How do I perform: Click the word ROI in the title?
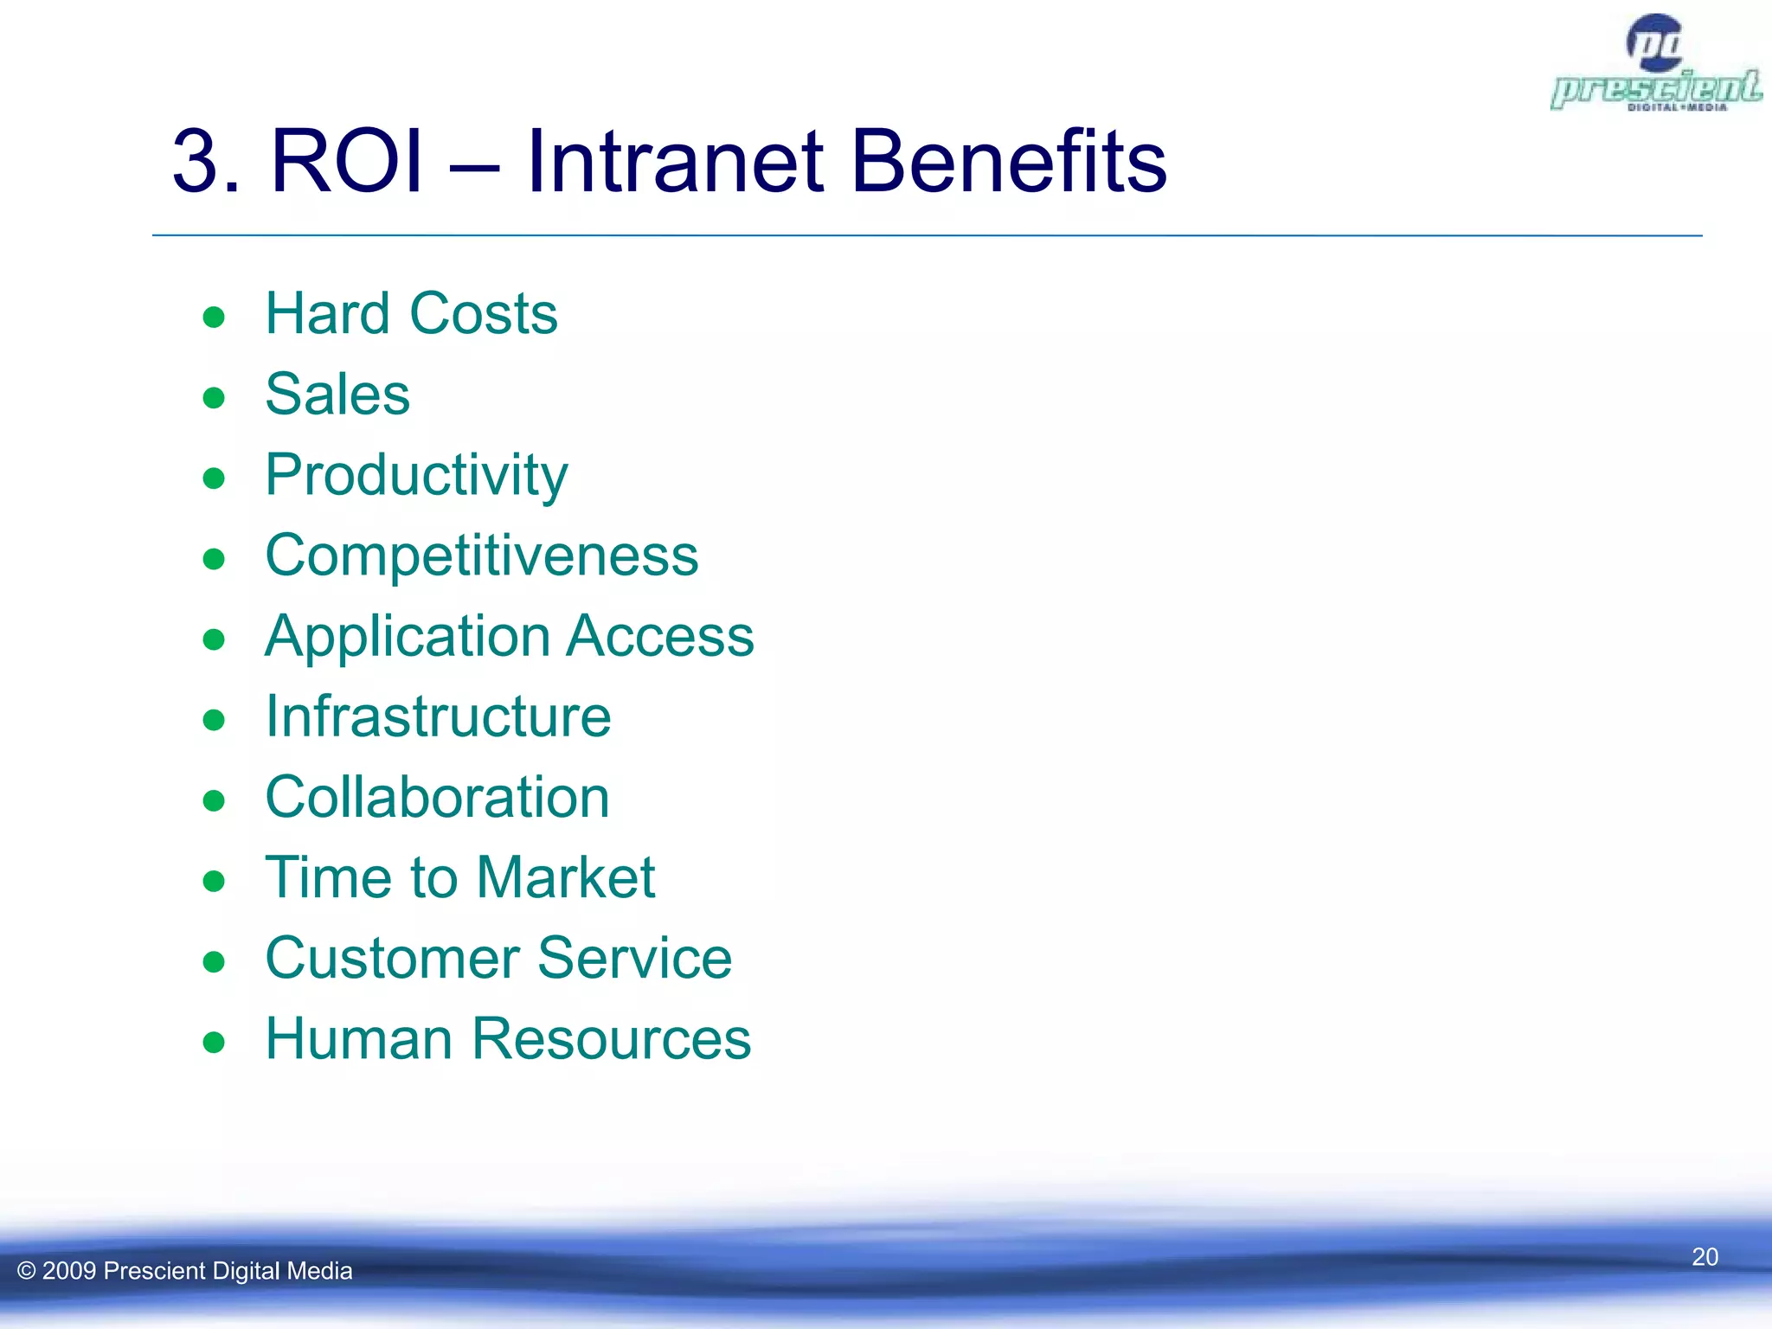pyautogui.click(x=347, y=162)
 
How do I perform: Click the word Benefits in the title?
pyautogui.click(x=1008, y=162)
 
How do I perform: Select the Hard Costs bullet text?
pyautogui.click(x=411, y=313)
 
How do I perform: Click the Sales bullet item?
pyautogui.click(x=337, y=395)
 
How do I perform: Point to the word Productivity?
pyautogui.click(x=416, y=476)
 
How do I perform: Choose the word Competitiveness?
pyautogui.click(x=481, y=555)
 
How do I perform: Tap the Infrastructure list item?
pyautogui.click(x=438, y=717)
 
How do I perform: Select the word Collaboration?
pyautogui.click(x=437, y=798)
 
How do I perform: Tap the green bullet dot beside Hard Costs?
pyautogui.click(x=214, y=318)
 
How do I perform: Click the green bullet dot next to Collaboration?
pyautogui.click(x=214, y=801)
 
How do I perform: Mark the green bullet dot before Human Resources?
pyautogui.click(x=214, y=1043)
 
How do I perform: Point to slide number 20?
pyautogui.click(x=1705, y=1257)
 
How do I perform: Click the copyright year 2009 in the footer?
pyautogui.click(x=68, y=1271)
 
